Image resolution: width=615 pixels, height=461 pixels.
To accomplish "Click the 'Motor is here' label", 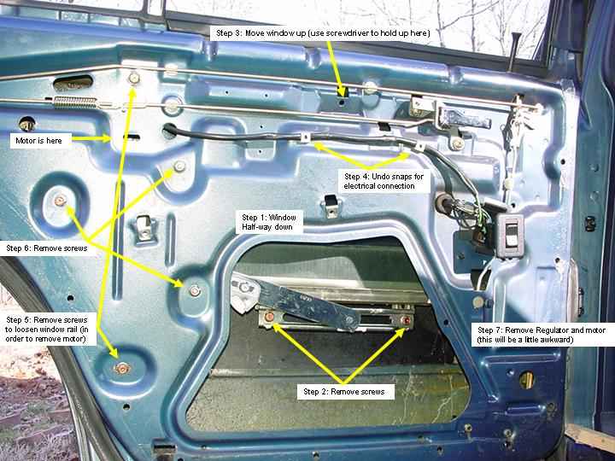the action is pyautogui.click(x=40, y=140).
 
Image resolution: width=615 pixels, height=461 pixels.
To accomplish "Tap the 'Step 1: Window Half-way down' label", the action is pyautogui.click(x=269, y=222).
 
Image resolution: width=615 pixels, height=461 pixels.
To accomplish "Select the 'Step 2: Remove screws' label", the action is pyautogui.click(x=345, y=392).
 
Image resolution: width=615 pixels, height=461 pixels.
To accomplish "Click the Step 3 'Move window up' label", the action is pyautogui.click(x=323, y=33).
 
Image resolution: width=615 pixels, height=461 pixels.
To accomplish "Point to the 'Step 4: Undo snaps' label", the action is pyautogui.click(x=384, y=181).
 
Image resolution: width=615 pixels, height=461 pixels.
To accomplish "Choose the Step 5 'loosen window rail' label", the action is pyautogui.click(x=47, y=330).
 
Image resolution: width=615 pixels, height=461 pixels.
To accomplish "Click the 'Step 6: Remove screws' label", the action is pyautogui.click(x=46, y=248).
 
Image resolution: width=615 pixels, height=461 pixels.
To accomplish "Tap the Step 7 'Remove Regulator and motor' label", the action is pyautogui.click(x=542, y=335).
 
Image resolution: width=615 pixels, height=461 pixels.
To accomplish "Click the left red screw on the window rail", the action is pyautogui.click(x=270, y=317).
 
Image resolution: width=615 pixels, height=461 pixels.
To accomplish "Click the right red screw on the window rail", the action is pyautogui.click(x=407, y=321).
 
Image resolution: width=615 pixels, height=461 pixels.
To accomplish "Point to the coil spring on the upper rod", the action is pyautogui.click(x=74, y=102).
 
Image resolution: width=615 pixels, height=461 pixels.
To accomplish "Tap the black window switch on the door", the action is pyautogui.click(x=511, y=236).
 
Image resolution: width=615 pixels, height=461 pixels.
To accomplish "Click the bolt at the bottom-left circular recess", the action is pyautogui.click(x=122, y=368).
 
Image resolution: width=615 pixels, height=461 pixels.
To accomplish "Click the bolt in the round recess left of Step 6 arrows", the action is pyautogui.click(x=60, y=201).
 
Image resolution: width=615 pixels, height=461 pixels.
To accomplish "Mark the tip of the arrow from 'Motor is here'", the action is pyautogui.click(x=111, y=138).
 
